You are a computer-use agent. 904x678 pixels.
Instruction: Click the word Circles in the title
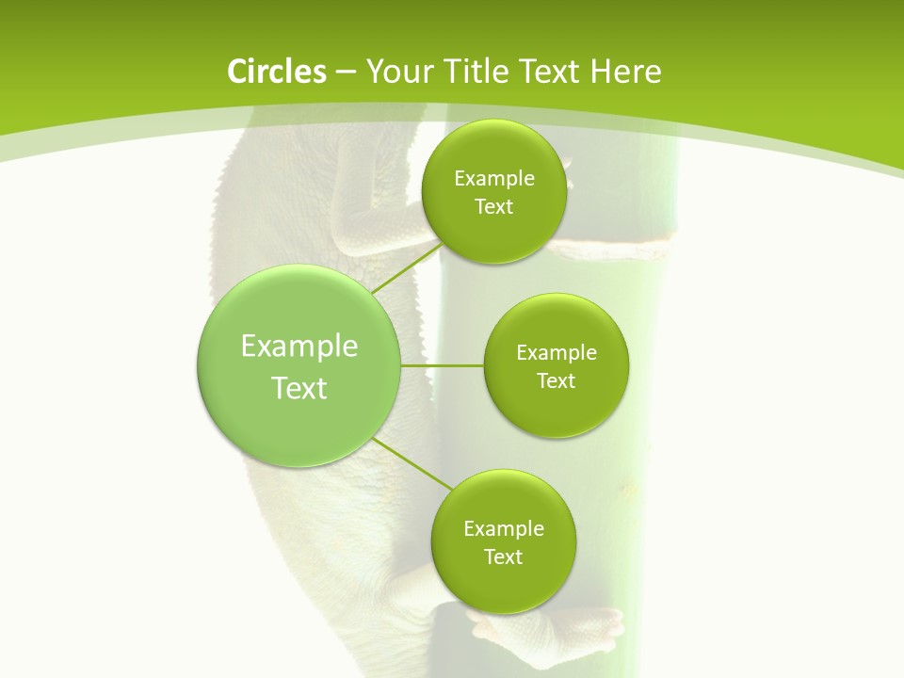coord(276,72)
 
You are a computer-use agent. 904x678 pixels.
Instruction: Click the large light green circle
coord(299,366)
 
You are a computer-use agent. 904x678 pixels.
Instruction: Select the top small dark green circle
coord(493,192)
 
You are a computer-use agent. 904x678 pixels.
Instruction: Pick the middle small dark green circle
coord(556,366)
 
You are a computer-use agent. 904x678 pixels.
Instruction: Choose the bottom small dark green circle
coord(503,542)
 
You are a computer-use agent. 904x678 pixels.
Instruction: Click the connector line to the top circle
coord(407,267)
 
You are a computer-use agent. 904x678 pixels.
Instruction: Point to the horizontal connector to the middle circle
coord(442,365)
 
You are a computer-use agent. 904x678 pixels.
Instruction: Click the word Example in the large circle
coord(299,347)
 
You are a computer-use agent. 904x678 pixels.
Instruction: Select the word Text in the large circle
coord(299,388)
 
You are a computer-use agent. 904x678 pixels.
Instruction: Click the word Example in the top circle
coord(493,179)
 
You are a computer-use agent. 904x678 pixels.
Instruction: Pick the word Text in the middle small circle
coord(556,380)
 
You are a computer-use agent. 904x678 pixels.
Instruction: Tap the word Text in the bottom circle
coord(503,557)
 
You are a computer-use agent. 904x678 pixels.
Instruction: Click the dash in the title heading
coord(345,72)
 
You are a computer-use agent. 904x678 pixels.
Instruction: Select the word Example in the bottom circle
coord(503,529)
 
